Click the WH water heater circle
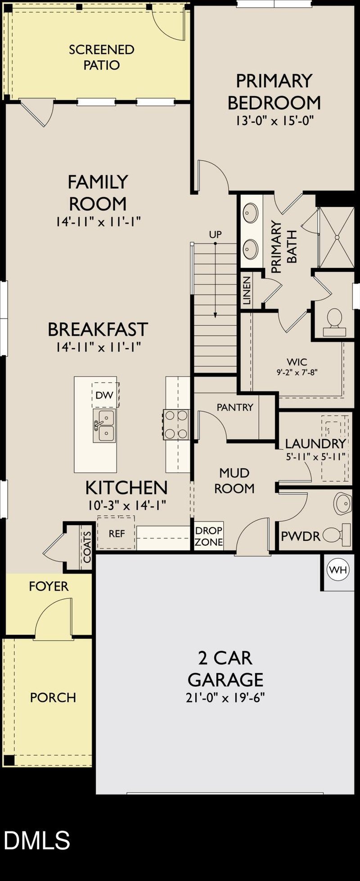[338, 570]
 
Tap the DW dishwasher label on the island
[104, 395]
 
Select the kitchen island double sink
[104, 425]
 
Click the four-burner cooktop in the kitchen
[176, 424]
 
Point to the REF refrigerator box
[117, 534]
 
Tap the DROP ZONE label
[209, 536]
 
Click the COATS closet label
[87, 547]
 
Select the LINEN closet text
[247, 291]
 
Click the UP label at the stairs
[215, 234]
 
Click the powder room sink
[343, 503]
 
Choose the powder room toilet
[336, 535]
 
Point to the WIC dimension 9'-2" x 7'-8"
[297, 373]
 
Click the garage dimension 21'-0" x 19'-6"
[225, 698]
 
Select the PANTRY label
[235, 407]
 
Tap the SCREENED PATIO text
[102, 57]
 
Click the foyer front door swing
[53, 617]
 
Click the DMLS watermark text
[37, 841]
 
